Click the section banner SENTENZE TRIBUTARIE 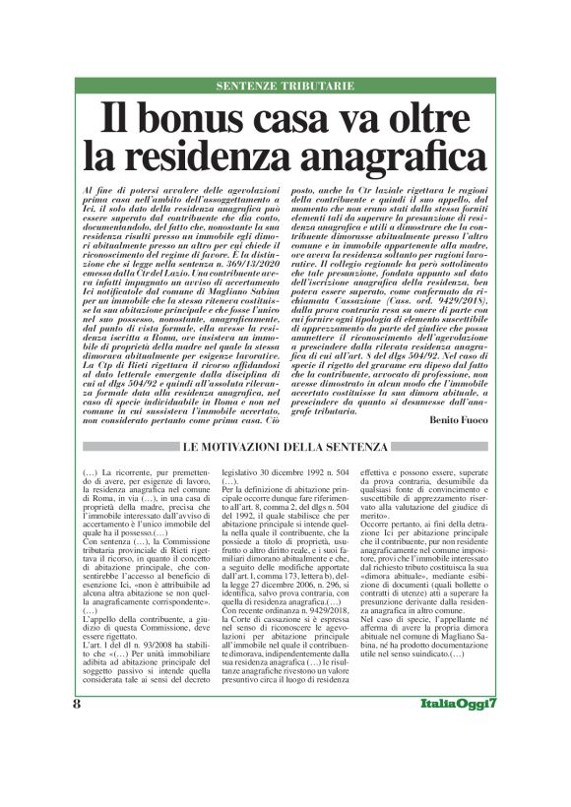coord(285,86)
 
